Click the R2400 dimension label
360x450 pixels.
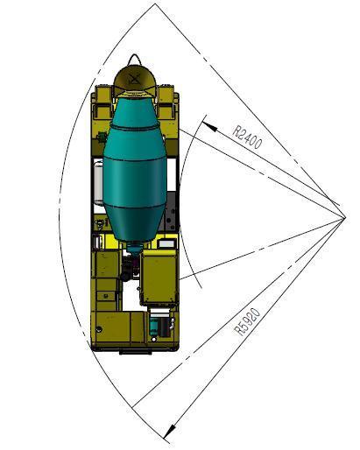[x=247, y=137]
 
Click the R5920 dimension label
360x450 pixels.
[x=248, y=322]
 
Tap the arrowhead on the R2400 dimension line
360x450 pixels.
[x=209, y=125]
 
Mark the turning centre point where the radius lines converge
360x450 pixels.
[x=345, y=217]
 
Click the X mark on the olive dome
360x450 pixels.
[x=133, y=79]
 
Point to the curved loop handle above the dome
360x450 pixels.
[x=134, y=60]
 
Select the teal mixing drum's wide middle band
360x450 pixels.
[x=135, y=182]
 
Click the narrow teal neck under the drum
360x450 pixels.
[x=134, y=249]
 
